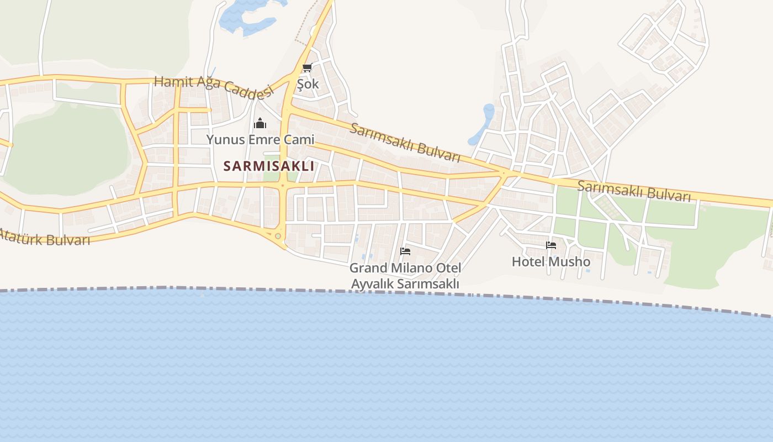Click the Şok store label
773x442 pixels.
[x=308, y=85]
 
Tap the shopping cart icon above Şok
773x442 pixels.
[x=308, y=68]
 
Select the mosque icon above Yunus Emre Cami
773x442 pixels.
[x=260, y=123]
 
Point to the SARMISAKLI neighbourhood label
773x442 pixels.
[x=268, y=166]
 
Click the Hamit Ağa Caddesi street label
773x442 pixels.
[x=214, y=86]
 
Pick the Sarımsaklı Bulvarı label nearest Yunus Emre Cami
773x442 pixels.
[x=405, y=143]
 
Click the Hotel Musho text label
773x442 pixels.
[x=551, y=261]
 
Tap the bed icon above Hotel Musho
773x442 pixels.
[x=551, y=245]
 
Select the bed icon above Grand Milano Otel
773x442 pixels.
[x=405, y=251]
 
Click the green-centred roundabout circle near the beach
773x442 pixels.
[x=278, y=236]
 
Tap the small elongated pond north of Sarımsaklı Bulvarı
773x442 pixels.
[x=486, y=119]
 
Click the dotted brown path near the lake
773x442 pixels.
[x=306, y=28]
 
